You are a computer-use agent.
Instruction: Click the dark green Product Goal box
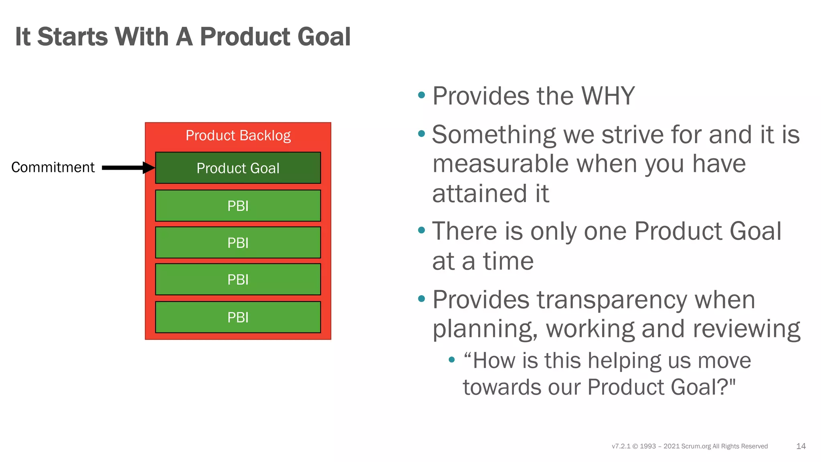pyautogui.click(x=238, y=168)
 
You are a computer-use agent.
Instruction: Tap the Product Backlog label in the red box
pyautogui.click(x=238, y=136)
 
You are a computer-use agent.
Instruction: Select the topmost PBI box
pyautogui.click(x=238, y=206)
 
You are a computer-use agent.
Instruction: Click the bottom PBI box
pyautogui.click(x=238, y=317)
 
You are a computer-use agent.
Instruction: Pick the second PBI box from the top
pyautogui.click(x=238, y=243)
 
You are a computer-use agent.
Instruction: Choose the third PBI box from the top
pyautogui.click(x=238, y=280)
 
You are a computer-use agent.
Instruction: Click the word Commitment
pyautogui.click(x=53, y=167)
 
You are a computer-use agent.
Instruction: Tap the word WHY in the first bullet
pyautogui.click(x=608, y=96)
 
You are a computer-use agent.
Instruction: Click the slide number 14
pyautogui.click(x=801, y=446)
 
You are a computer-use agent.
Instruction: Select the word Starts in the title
pyautogui.click(x=73, y=37)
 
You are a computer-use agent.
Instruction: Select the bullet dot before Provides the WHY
pyautogui.click(x=421, y=95)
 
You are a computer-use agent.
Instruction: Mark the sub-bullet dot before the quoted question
pyautogui.click(x=452, y=360)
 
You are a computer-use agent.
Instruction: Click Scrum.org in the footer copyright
pyautogui.click(x=696, y=446)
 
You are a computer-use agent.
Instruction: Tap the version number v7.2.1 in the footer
pyautogui.click(x=621, y=446)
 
